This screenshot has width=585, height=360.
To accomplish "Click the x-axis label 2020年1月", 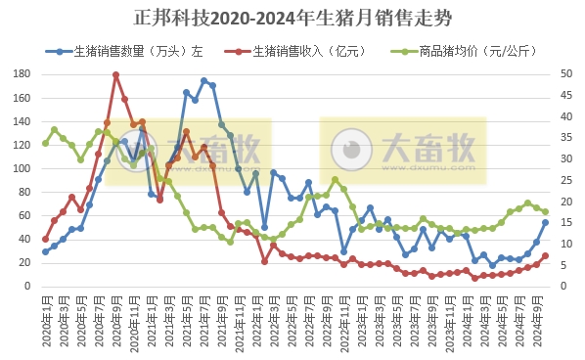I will click(45, 318).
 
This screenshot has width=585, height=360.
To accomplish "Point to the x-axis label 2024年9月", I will click(536, 318).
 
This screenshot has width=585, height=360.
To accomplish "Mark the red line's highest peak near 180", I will click(115, 74).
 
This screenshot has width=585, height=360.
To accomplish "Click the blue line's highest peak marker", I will click(203, 81).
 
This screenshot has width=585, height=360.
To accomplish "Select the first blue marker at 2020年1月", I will click(45, 251).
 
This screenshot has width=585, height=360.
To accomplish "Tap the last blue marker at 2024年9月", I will click(545, 222).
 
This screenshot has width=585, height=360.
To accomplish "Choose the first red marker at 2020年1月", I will click(45, 239).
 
